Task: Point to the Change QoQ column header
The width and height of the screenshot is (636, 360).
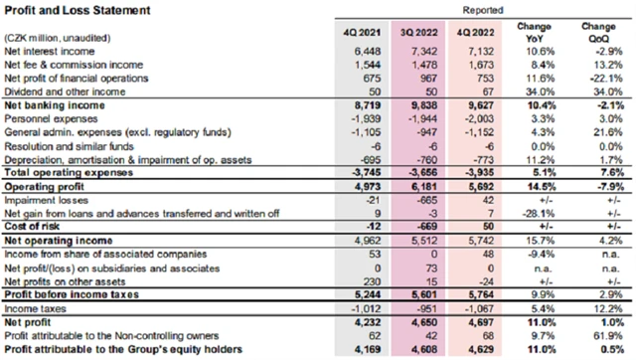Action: pos(597,26)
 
